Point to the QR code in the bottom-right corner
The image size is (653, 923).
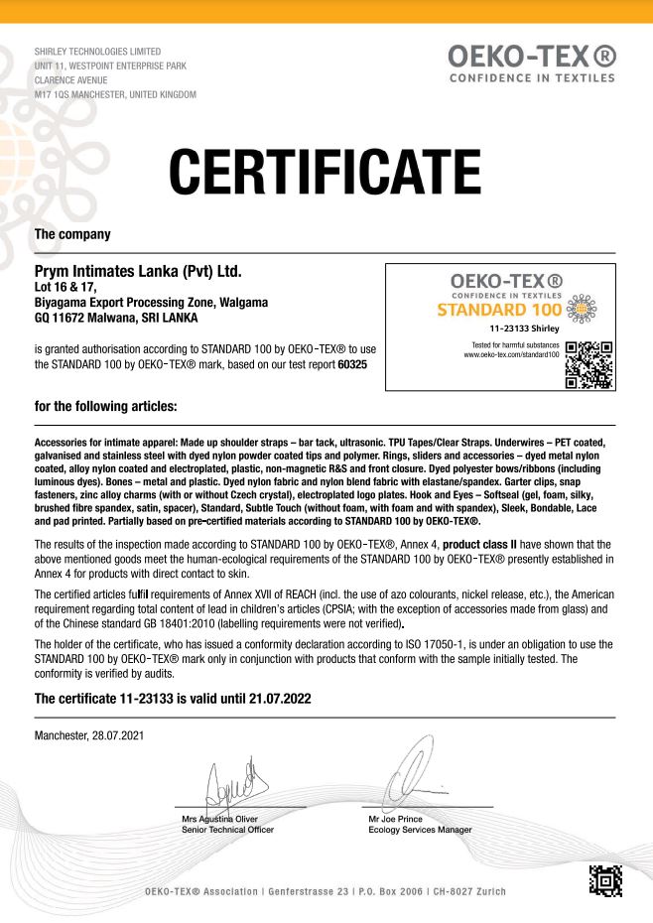coord(605,882)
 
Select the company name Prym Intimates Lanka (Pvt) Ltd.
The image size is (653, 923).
coord(138,270)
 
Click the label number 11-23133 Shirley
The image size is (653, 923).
coord(524,328)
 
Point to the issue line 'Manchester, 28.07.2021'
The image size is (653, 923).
coord(89,735)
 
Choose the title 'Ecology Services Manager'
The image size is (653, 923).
coord(420,830)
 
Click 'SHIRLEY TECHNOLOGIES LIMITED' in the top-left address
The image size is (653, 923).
coord(97,51)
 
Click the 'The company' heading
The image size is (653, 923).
coord(72,234)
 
